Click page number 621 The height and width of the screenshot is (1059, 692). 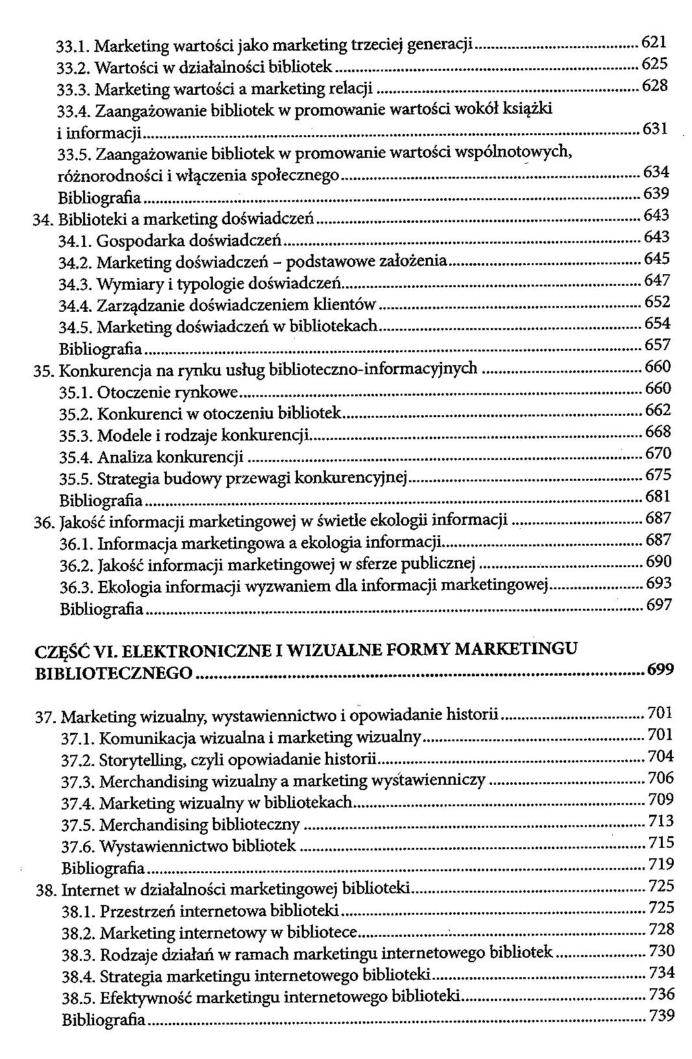654,42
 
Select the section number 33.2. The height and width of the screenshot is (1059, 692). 73,68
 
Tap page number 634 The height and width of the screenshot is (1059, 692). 656,172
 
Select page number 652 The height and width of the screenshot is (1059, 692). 657,302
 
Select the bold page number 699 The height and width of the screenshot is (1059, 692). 660,670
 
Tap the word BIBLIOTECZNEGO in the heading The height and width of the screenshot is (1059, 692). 113,673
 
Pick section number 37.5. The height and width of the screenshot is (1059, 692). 78,825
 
